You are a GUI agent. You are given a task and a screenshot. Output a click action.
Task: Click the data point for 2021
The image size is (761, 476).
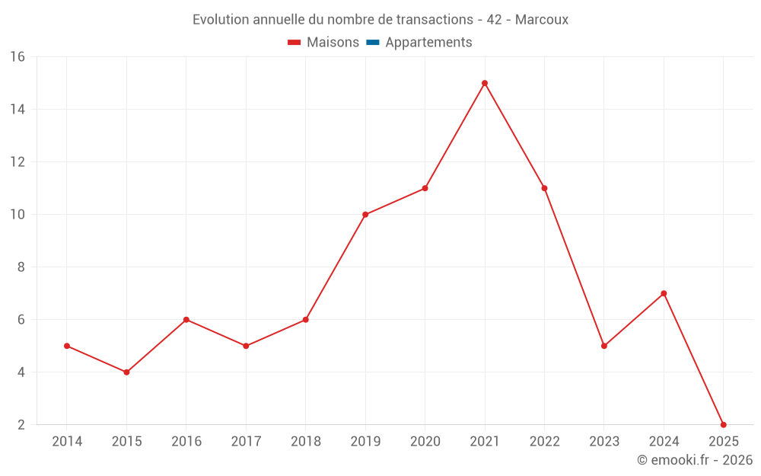pos(485,83)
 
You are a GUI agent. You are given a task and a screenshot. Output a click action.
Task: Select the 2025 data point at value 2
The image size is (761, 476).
pos(723,425)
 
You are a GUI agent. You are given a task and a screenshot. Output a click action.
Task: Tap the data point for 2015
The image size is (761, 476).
pos(126,372)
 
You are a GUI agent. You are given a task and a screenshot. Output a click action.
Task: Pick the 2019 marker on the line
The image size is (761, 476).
pos(365,215)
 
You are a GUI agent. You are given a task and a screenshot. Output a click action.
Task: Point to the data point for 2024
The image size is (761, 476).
pos(664,293)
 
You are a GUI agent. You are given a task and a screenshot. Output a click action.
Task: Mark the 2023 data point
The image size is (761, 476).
pos(604,346)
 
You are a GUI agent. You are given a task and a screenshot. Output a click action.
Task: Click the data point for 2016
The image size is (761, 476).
pos(186,320)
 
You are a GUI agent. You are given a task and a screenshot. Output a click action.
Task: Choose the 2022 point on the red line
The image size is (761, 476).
pos(544,188)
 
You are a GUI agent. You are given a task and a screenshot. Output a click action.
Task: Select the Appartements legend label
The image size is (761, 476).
pos(428,43)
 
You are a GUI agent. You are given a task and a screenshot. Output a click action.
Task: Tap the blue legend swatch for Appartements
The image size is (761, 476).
pos(372,43)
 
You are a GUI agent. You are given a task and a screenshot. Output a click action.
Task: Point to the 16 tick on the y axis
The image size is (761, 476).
pos(18,57)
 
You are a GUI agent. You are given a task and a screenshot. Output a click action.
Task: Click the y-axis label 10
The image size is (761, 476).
pos(18,215)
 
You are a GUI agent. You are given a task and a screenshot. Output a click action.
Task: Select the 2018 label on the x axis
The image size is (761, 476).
pos(306,442)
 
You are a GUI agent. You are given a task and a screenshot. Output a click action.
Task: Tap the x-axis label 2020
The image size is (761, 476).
pos(425,442)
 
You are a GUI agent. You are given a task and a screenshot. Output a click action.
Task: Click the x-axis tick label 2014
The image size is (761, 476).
pos(67,442)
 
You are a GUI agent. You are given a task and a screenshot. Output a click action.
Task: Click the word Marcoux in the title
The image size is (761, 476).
pos(541,20)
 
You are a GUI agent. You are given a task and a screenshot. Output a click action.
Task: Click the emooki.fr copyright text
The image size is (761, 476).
pos(694,460)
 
